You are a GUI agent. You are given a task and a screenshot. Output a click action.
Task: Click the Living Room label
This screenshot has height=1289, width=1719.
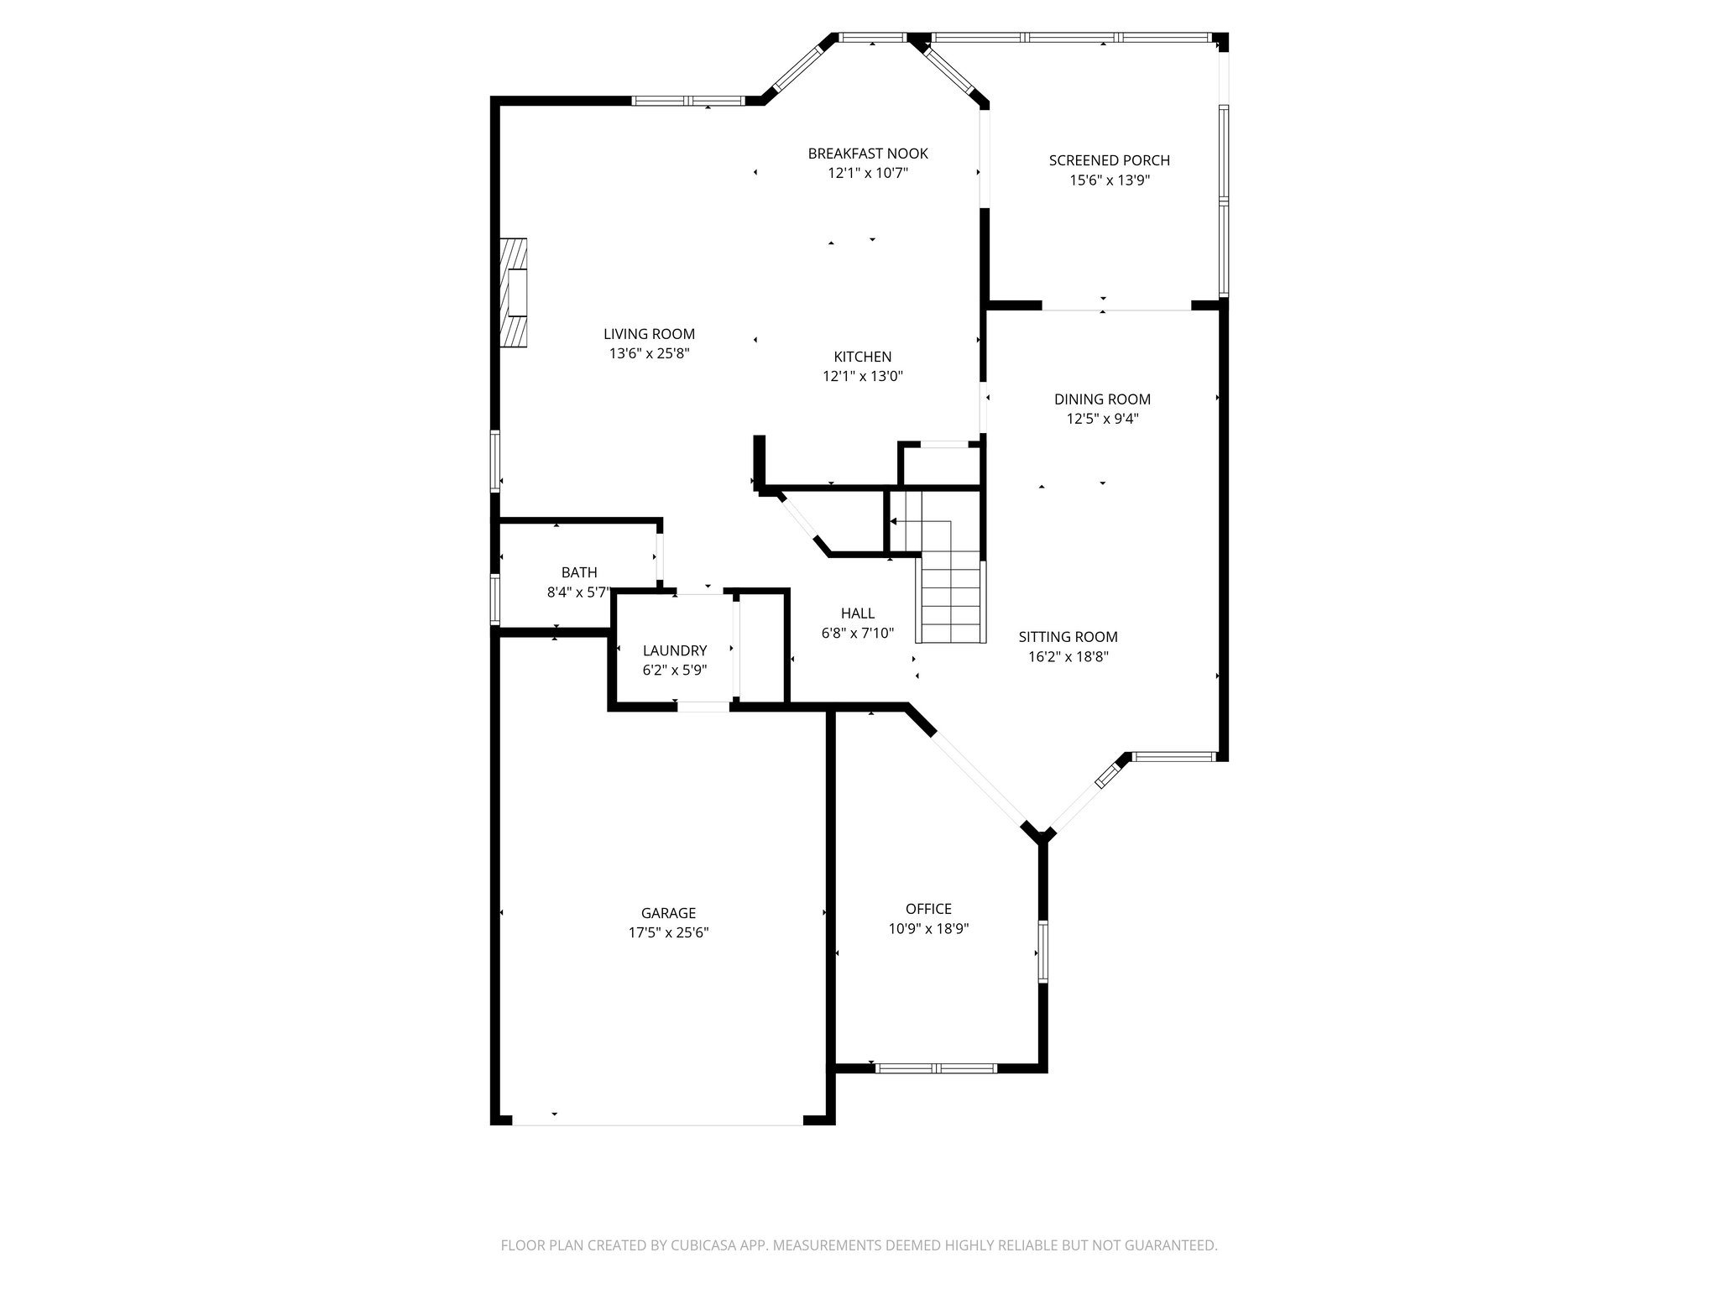point(649,334)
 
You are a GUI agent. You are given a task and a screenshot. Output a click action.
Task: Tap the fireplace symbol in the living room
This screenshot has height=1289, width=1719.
point(514,292)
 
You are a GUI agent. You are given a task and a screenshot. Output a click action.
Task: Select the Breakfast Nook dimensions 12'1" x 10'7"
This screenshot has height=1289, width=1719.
point(868,174)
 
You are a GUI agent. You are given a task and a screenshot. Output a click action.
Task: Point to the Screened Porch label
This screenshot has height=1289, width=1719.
point(1109,160)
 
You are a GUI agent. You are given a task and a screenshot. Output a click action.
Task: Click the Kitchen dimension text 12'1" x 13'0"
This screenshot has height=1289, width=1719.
point(862,377)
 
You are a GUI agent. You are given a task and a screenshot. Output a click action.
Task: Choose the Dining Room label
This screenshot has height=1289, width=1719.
point(1102,399)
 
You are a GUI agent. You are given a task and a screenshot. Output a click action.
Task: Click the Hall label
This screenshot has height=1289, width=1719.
point(857,613)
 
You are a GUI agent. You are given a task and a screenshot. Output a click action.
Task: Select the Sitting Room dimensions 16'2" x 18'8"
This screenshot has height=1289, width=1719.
point(1068,657)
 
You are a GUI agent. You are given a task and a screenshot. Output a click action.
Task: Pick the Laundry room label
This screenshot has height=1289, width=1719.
point(675,650)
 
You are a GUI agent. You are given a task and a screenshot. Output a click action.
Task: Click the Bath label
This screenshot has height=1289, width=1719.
point(579,572)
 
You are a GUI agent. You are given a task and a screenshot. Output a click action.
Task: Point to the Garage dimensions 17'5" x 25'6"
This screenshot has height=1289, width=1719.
point(668,932)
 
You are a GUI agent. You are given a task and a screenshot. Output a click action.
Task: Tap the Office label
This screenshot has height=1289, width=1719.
point(928,909)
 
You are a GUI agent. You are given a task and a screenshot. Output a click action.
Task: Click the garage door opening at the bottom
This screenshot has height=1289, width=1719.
point(658,1123)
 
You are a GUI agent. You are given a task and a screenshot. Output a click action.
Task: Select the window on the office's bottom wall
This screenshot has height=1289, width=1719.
point(935,1068)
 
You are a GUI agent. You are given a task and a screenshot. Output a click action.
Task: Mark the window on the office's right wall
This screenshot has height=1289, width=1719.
point(1043,952)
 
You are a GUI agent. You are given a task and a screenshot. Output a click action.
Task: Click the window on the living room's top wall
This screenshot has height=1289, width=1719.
point(687,102)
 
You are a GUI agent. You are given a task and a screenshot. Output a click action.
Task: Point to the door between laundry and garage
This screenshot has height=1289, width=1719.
point(703,707)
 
